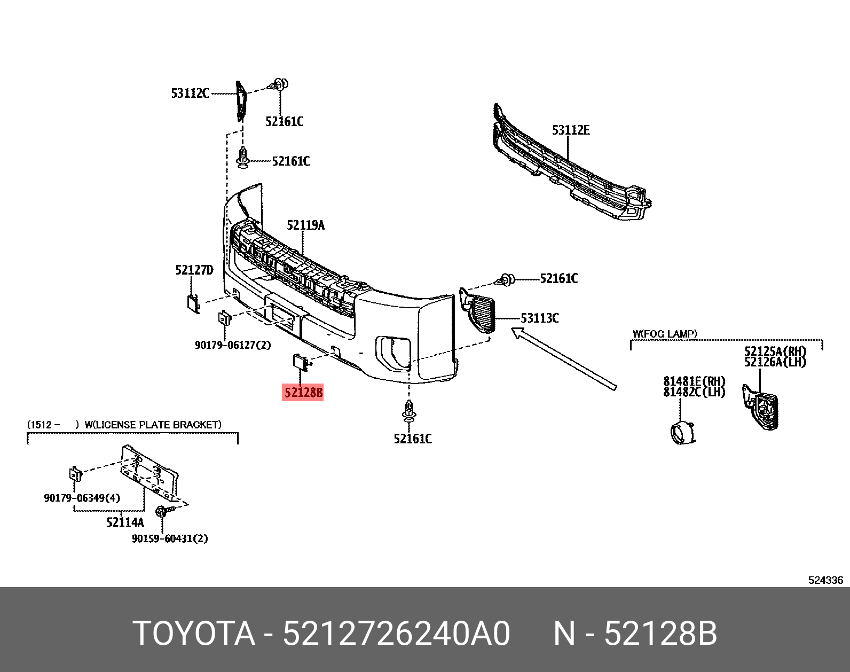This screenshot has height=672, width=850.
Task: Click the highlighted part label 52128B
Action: pyautogui.click(x=303, y=393)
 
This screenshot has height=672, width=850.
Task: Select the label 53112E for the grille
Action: pyautogui.click(x=571, y=130)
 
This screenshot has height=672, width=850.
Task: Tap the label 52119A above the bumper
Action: pyautogui.click(x=305, y=225)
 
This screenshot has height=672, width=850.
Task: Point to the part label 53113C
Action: pyautogui.click(x=539, y=318)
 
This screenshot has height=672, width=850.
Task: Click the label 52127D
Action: pyautogui.click(x=194, y=270)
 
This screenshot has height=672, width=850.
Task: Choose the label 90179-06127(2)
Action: pyautogui.click(x=233, y=345)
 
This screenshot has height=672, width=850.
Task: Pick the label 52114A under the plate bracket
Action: pyautogui.click(x=125, y=522)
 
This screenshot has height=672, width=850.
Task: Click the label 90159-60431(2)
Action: pyautogui.click(x=170, y=538)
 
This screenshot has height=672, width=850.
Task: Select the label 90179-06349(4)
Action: pyautogui.click(x=82, y=498)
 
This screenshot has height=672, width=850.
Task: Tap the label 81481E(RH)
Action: pyautogui.click(x=694, y=381)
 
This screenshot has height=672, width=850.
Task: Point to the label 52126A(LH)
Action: pyautogui.click(x=775, y=362)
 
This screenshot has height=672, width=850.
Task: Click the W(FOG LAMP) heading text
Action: pyautogui.click(x=665, y=334)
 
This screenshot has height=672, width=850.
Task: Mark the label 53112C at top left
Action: pyautogui.click(x=190, y=93)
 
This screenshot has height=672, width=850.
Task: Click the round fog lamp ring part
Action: pyautogui.click(x=682, y=431)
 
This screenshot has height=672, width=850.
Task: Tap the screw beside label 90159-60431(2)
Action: pyautogui.click(x=162, y=512)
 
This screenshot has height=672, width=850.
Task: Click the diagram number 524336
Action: pyautogui.click(x=825, y=580)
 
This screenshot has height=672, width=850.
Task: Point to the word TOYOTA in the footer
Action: pyautogui.click(x=194, y=634)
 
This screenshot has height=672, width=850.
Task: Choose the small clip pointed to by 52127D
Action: pyautogui.click(x=193, y=302)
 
